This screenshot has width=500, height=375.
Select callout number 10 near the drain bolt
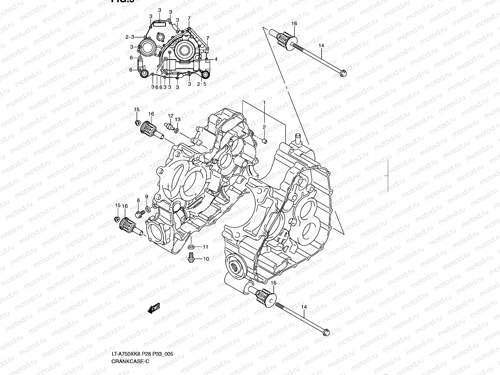tap(206, 259)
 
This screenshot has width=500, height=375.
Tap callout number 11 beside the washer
tap(205, 247)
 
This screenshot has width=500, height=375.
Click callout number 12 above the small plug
tap(170, 116)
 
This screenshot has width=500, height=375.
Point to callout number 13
tap(177, 120)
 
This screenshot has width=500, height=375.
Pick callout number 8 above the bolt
tap(138, 200)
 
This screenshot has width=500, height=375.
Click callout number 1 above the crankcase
tap(264, 102)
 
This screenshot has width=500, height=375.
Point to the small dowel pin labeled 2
tap(264, 141)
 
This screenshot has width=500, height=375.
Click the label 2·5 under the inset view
tap(202, 84)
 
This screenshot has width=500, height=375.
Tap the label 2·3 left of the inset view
tap(130, 37)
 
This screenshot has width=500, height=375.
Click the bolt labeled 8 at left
tap(139, 214)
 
